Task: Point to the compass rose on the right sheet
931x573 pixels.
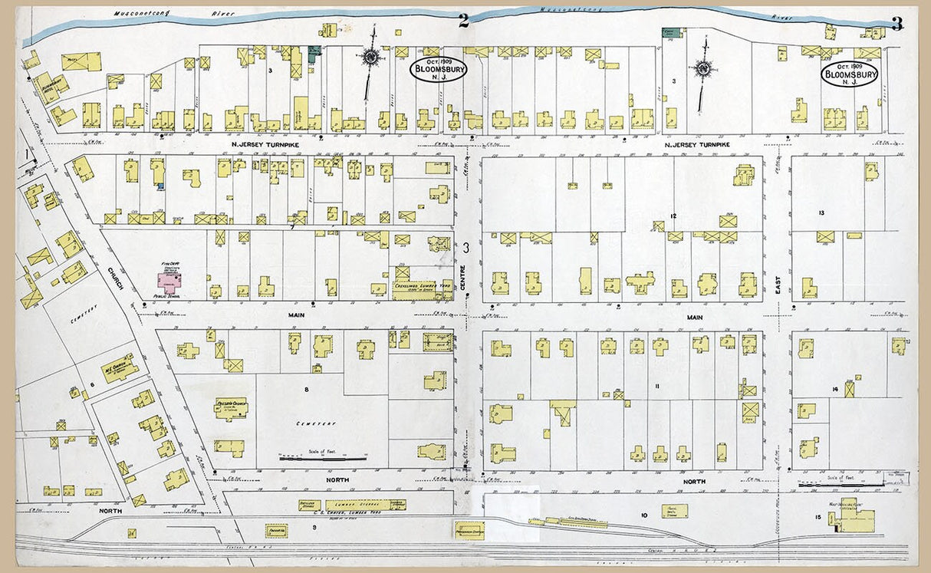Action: [x=702, y=68]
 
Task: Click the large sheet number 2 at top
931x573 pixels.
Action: [x=463, y=21]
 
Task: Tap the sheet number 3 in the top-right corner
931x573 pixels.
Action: [x=896, y=24]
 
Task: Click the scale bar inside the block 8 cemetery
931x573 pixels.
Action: [x=322, y=458]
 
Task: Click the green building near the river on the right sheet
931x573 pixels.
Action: [x=672, y=33]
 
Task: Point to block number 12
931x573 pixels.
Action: [x=673, y=216]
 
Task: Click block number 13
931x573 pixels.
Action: [x=821, y=212]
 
